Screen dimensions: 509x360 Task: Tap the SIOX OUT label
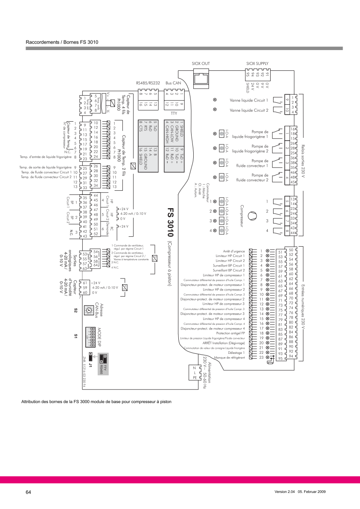201,63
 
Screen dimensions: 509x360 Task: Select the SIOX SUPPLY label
257,63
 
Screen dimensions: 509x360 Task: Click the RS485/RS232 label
148,83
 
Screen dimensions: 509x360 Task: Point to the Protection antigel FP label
231,333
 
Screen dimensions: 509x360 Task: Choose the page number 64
29,492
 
